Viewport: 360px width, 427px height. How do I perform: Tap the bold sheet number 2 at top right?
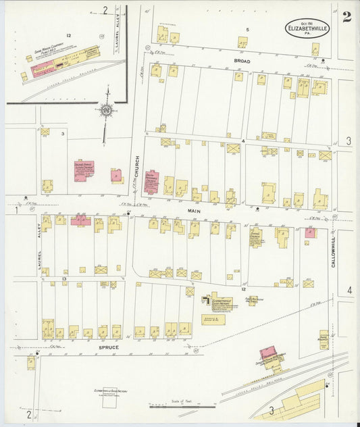[x=346, y=17]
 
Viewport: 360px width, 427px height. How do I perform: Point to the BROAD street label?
[x=242, y=61]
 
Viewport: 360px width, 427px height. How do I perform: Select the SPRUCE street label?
[x=109, y=347]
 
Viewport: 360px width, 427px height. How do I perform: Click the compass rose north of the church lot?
[x=106, y=108]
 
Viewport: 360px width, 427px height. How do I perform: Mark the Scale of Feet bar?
[x=182, y=407]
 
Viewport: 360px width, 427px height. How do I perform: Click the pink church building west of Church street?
[x=84, y=171]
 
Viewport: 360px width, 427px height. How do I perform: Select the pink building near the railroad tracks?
[x=269, y=355]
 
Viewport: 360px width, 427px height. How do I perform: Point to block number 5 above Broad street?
[x=248, y=30]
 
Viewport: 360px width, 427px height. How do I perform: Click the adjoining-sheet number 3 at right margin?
[x=349, y=141]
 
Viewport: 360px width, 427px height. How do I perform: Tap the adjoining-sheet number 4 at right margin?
[x=349, y=291]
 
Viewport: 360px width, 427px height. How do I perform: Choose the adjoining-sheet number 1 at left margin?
[x=14, y=210]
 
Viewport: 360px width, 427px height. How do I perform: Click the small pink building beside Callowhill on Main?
[x=309, y=232]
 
